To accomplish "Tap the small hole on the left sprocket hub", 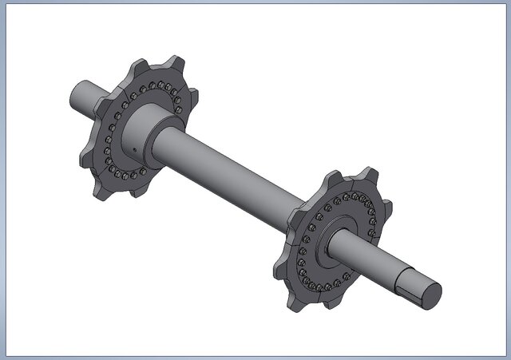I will (x=136, y=148).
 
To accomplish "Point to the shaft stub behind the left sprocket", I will (x=84, y=97).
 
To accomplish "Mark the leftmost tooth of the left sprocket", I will (x=86, y=155).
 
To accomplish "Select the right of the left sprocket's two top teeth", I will (x=176, y=64).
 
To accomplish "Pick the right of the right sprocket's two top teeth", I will (x=369, y=176).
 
